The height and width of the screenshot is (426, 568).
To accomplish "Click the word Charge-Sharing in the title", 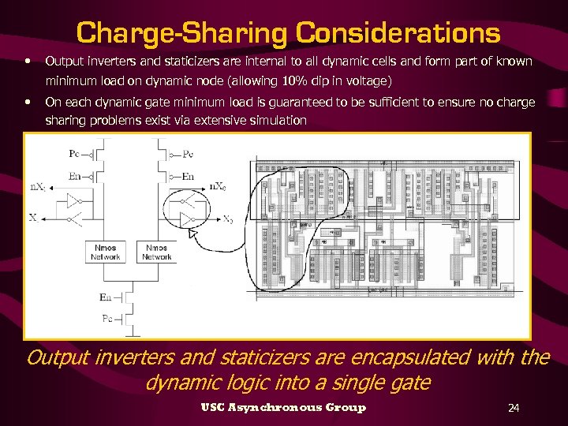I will pyautogui.click(x=182, y=32).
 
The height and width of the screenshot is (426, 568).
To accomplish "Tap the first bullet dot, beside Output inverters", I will pyautogui.click(x=28, y=60).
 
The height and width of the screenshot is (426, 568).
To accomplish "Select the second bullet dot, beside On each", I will pyautogui.click(x=28, y=101).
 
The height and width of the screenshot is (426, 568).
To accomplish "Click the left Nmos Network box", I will pyautogui.click(x=105, y=252).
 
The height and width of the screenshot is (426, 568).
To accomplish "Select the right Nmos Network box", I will pyautogui.click(x=156, y=252).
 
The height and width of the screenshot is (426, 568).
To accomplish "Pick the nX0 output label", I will pyautogui.click(x=219, y=186).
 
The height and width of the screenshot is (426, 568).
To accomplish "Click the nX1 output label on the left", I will pyautogui.click(x=38, y=186).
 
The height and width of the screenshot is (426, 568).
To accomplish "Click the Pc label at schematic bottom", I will pyautogui.click(x=106, y=316).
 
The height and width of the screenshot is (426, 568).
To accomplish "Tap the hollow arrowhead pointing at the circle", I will pyautogui.click(x=191, y=234).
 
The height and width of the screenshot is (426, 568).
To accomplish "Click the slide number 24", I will pyautogui.click(x=514, y=407).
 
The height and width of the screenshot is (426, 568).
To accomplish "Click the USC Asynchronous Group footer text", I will pyautogui.click(x=283, y=407).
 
